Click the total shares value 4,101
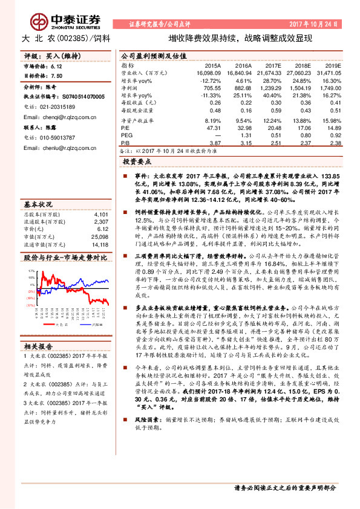click(x=101, y=215)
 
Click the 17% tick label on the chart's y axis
click(x=31, y=271)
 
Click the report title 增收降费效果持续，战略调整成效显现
click(x=240, y=38)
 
